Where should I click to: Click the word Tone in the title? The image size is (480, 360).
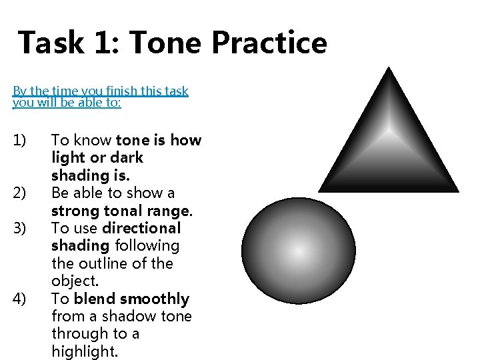coord(167,43)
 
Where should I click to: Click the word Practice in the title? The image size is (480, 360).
coord(269,43)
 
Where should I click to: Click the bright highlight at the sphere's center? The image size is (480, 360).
coord(299,252)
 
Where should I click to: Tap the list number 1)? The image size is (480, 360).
coord(19,141)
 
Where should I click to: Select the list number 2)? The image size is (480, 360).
coord(19,193)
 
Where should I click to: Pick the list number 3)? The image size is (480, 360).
coord(19,228)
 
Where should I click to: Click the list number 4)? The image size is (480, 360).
coord(19,299)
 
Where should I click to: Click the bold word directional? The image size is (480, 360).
coord(141,228)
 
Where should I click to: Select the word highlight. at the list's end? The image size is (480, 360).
coord(85,351)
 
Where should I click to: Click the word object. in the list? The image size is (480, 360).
coord(75,281)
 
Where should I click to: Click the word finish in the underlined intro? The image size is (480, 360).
coord(116,91)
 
